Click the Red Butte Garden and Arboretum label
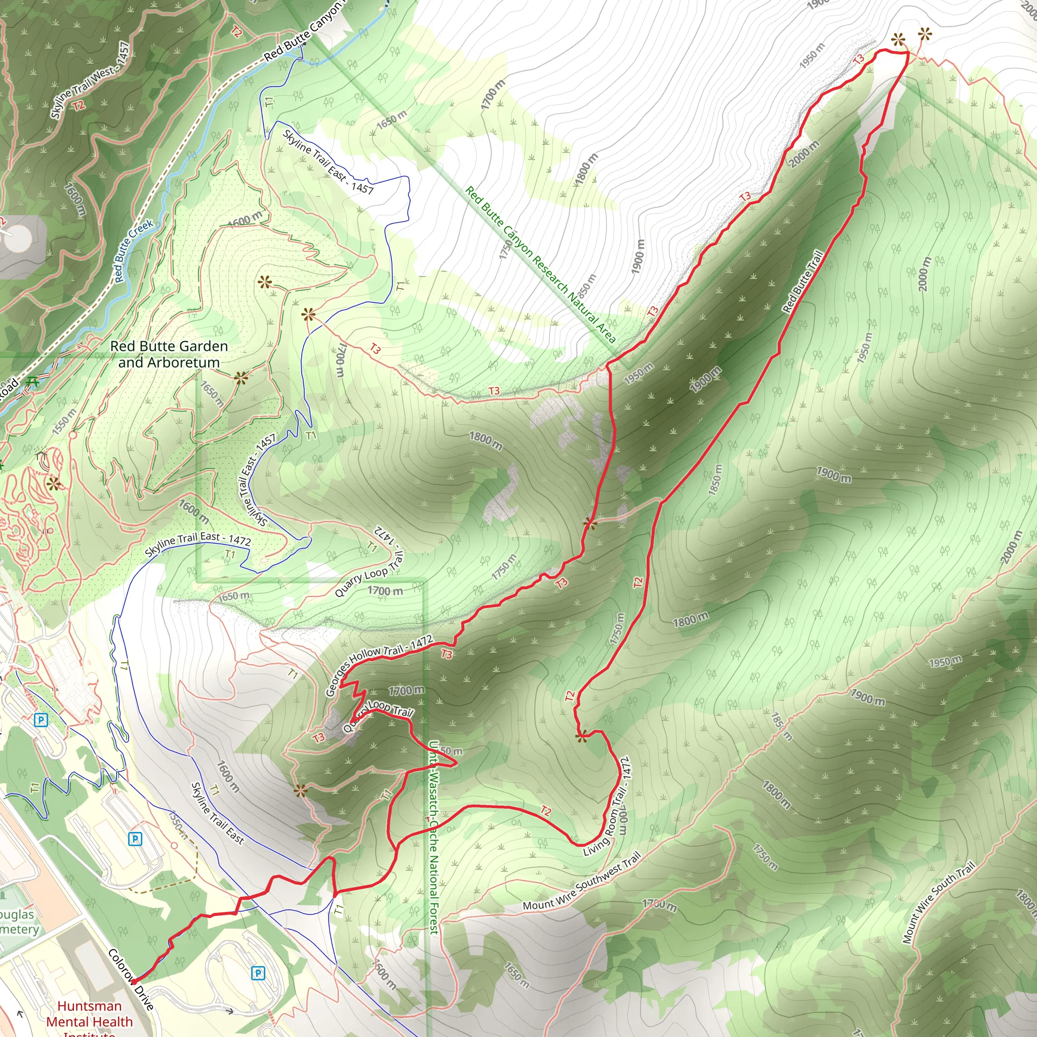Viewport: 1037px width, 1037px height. pyautogui.click(x=169, y=354)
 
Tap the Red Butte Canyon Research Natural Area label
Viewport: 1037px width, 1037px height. pyautogui.click(x=540, y=265)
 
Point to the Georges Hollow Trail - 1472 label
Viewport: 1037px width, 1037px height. pyautogui.click(x=379, y=665)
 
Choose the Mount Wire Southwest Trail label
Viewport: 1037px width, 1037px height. pyautogui.click(x=582, y=882)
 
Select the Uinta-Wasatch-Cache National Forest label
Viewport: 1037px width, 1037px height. pyautogui.click(x=434, y=837)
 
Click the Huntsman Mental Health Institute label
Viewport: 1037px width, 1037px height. pyautogui.click(x=89, y=1021)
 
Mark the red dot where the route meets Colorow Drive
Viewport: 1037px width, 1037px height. pyautogui.click(x=134, y=981)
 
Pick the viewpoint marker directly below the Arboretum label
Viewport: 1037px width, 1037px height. pyautogui.click(x=241, y=378)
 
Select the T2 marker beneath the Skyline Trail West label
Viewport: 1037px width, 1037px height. pyautogui.click(x=78, y=106)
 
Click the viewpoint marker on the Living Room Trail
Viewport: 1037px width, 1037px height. pyautogui.click(x=581, y=736)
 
